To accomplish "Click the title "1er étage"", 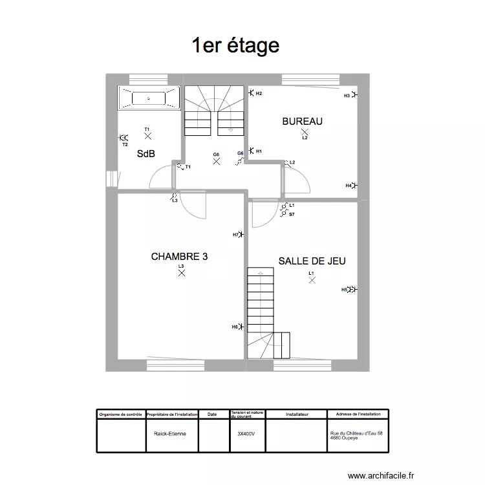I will tap(235, 45).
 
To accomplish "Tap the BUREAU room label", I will tap(302, 121).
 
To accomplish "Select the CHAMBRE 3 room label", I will tap(179, 257).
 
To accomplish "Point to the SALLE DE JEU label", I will tap(312, 261).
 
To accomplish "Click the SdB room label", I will tap(145, 155).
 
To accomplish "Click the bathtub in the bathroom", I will tap(148, 98).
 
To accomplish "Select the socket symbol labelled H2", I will tap(252, 93).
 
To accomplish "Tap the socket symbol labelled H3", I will tap(354, 95).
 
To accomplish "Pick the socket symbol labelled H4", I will tap(355, 185).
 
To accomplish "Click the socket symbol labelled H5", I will tap(352, 290).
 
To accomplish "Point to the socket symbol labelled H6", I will tap(242, 327).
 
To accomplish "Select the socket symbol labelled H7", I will tap(243, 235).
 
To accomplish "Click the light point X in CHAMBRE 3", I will tap(182, 274).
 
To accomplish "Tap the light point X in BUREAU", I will tap(305, 131).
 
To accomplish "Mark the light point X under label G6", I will tap(217, 162).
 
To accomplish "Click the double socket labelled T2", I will tap(124, 138).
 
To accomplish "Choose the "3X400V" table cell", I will tap(246, 433).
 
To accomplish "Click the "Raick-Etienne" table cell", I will tap(171, 433).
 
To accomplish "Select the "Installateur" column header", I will tap(297, 414).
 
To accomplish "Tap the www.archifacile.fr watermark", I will tap(379, 474).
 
